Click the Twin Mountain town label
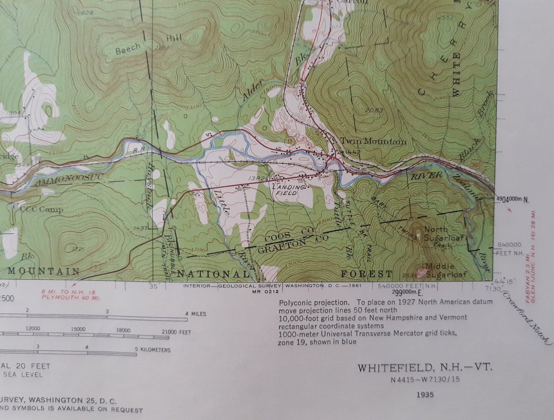coord(373,141)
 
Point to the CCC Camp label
coord(42,209)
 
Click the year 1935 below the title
coord(425,395)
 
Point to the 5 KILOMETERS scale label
coord(153,350)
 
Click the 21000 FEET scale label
coord(176,332)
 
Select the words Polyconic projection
coord(314,302)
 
